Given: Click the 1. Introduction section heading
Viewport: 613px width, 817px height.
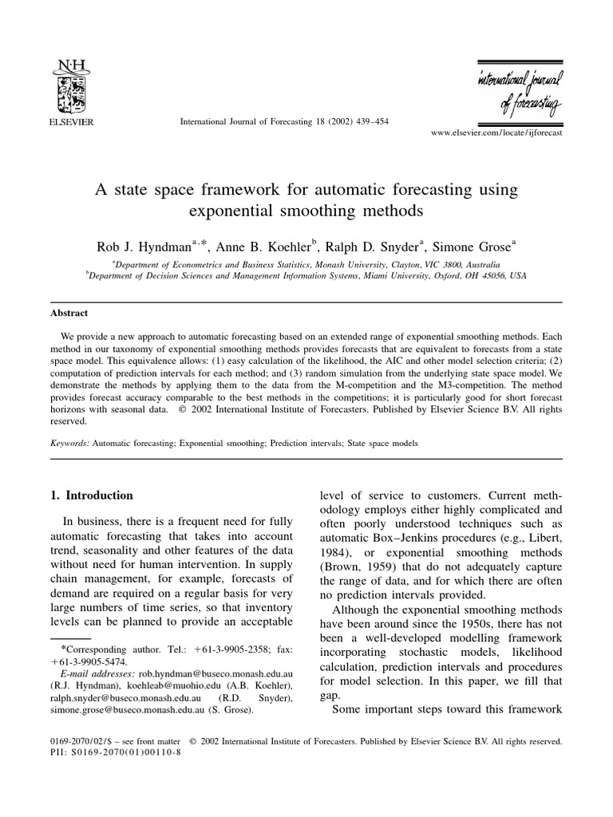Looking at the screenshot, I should [91, 495].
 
